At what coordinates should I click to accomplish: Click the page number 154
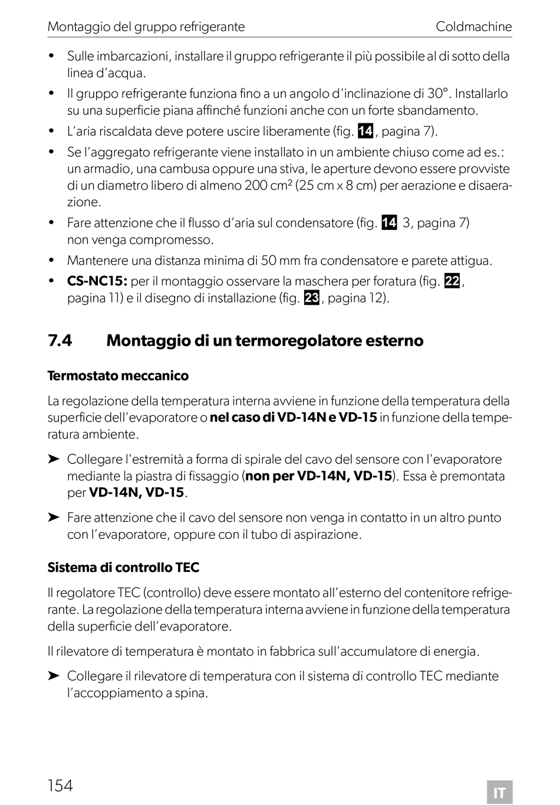coord(60,785)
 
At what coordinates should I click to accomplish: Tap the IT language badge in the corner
coord(499,793)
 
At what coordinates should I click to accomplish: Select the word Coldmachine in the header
coord(473,27)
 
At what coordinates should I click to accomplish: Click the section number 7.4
coord(60,341)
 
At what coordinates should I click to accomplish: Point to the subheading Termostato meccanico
coord(118,376)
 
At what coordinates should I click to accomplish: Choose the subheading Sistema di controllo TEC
coord(123,568)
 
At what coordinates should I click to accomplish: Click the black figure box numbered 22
coord(452,281)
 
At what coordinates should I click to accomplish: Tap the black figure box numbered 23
coord(312,298)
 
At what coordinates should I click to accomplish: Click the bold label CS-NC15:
coord(97,281)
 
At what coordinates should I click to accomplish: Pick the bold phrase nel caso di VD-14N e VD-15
coord(294,418)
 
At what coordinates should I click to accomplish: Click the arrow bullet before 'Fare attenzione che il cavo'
coord(54,518)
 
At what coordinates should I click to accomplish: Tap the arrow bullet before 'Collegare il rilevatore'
coord(54,676)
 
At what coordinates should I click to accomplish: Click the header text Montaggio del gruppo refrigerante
coord(146,27)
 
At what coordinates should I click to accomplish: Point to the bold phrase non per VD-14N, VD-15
coord(319,476)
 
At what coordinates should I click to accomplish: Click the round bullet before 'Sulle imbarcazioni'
coord(52,57)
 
